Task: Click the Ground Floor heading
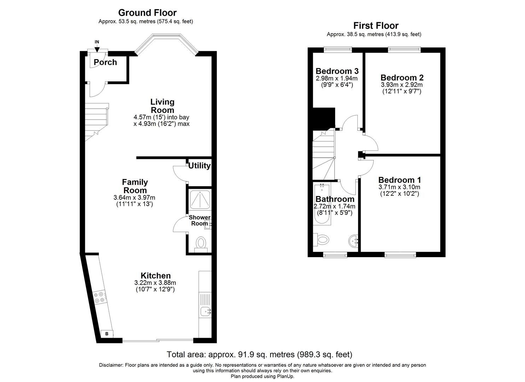pyautogui.click(x=147, y=13)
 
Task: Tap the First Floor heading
pyautogui.click(x=376, y=25)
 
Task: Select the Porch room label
pyautogui.click(x=105, y=62)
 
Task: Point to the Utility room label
pyautogui.click(x=199, y=166)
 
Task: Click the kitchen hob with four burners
pyautogui.click(x=99, y=297)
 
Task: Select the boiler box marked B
pyautogui.click(x=107, y=334)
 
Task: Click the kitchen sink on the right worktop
pyautogui.click(x=205, y=312)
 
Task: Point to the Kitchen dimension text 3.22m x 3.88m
pyautogui.click(x=155, y=283)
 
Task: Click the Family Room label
pyautogui.click(x=135, y=186)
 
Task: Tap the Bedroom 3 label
pyautogui.click(x=337, y=70)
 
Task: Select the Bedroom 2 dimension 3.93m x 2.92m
pyautogui.click(x=402, y=85)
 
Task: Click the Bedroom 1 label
pyautogui.click(x=399, y=180)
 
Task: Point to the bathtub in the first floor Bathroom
pyautogui.click(x=322, y=205)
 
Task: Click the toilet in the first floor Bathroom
pyautogui.click(x=321, y=240)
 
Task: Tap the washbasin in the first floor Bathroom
pyautogui.click(x=354, y=241)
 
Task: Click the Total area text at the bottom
pyautogui.click(x=259, y=354)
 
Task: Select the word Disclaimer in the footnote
pyautogui.click(x=111, y=365)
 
